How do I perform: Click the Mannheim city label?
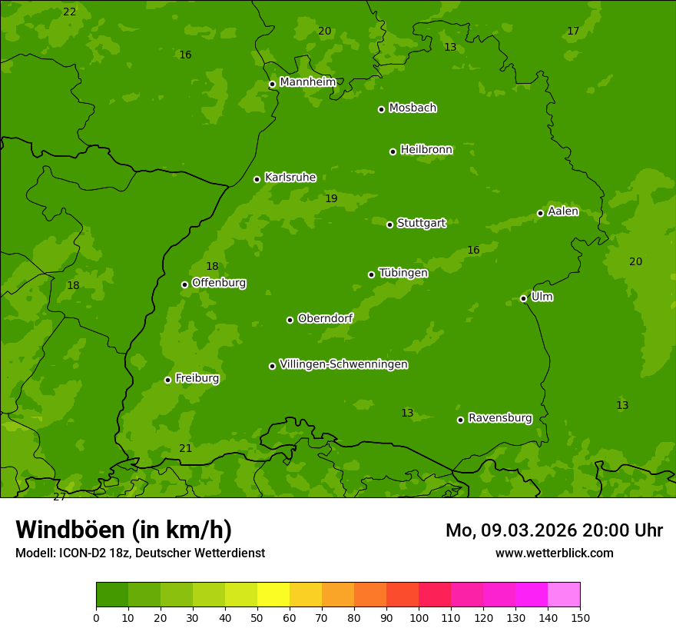click(307, 82)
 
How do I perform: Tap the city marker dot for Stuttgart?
click(389, 224)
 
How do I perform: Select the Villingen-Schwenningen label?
click(343, 364)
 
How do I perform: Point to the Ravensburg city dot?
click(460, 420)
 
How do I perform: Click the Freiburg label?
click(197, 378)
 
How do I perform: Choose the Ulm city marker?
click(523, 298)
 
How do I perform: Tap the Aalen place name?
click(562, 211)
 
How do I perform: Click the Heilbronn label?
click(426, 150)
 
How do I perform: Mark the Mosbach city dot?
click(381, 109)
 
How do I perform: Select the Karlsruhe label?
click(290, 178)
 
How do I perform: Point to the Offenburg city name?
click(219, 283)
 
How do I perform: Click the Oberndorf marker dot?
click(290, 320)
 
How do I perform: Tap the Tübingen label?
click(403, 273)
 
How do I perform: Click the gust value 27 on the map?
click(59, 497)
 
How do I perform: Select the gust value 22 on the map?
click(70, 12)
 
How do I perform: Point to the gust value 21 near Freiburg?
click(186, 448)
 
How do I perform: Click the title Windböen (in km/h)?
click(124, 530)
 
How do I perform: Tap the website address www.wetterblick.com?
click(554, 553)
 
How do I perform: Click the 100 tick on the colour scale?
click(419, 616)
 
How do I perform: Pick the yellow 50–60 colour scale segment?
click(273, 595)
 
